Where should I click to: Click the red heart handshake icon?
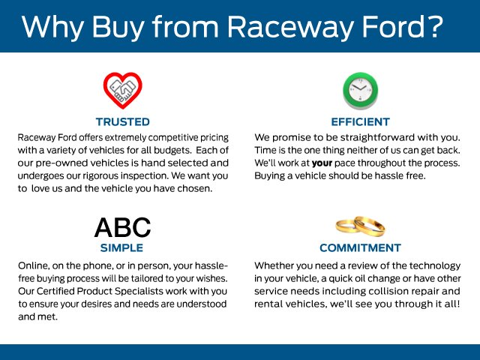tap(123, 91)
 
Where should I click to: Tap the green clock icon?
tap(360, 91)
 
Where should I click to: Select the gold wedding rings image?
tap(360, 226)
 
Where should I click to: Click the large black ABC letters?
tap(122, 227)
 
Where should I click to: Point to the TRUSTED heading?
tap(123, 121)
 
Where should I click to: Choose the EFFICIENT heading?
tap(360, 121)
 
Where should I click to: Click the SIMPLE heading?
tap(121, 247)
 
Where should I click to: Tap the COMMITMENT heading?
tap(360, 247)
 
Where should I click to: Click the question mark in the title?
tap(433, 26)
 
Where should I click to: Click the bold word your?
tap(322, 163)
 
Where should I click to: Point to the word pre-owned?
tap(59, 163)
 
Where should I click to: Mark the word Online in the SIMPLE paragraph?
tap(33, 265)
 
